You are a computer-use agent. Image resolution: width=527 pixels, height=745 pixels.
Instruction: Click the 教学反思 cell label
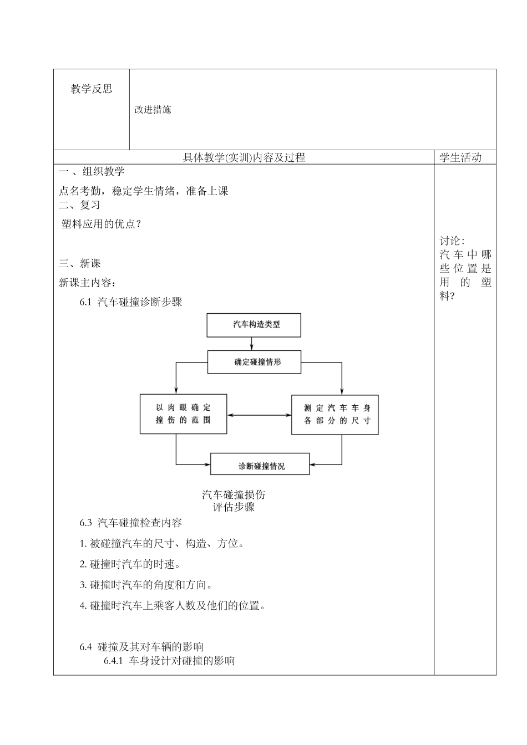click(92, 89)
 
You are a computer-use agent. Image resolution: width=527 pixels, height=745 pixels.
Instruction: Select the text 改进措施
click(153, 110)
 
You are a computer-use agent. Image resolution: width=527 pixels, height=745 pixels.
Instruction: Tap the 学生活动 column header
click(460, 157)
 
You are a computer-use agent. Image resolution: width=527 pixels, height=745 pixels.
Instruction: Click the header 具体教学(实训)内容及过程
click(244, 157)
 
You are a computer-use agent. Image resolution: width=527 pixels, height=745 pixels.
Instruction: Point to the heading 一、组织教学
click(92, 171)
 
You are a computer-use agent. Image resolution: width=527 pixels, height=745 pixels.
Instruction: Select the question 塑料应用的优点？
click(102, 224)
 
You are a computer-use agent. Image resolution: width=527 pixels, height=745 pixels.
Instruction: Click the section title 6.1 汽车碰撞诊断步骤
click(131, 302)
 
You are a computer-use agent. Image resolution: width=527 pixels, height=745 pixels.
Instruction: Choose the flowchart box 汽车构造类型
click(254, 325)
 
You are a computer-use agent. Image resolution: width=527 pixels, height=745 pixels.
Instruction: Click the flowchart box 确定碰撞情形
click(255, 362)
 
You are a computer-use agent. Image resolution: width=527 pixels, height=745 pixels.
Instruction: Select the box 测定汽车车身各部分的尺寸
click(335, 414)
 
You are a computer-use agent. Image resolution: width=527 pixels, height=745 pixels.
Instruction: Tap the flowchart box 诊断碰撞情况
click(260, 464)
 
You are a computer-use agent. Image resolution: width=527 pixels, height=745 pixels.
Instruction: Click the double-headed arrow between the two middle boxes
click(259, 415)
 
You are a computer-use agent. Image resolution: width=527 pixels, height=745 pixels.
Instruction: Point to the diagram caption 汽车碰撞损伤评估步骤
click(234, 501)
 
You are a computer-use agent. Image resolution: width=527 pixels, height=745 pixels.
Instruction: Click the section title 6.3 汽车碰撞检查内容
click(131, 523)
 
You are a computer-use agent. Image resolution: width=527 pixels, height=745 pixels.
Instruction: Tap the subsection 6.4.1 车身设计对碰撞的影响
click(169, 661)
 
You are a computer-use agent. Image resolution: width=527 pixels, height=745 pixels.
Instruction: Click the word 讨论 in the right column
click(450, 241)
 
